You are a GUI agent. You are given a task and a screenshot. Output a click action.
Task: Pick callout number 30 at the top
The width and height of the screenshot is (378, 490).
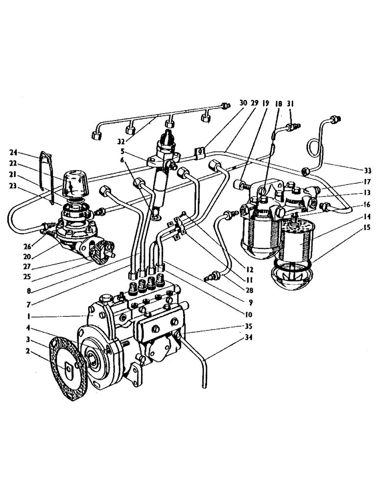click(x=243, y=103)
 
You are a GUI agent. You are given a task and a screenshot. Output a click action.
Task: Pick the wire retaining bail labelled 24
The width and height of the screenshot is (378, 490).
click(x=49, y=171)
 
